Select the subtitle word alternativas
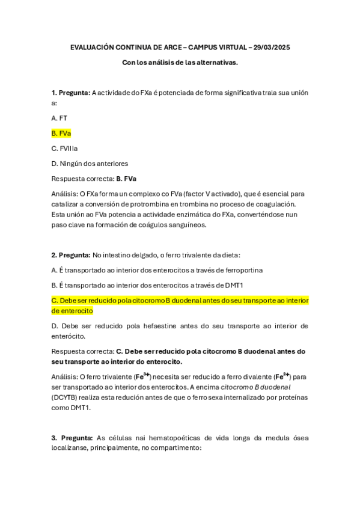tap(216, 62)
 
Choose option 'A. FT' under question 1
tap(59, 118)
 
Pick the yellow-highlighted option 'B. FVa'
tap(61, 133)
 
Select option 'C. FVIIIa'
tap(64, 148)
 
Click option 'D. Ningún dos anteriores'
tap(90, 163)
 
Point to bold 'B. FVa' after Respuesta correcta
tap(126, 179)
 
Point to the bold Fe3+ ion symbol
tap(142, 376)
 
